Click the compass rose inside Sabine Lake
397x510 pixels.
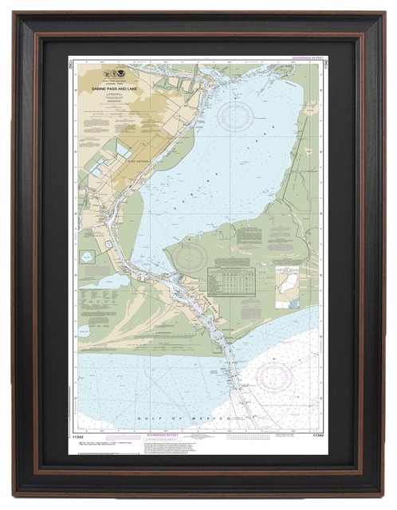click(237, 116)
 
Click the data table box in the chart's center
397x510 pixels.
click(231, 280)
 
